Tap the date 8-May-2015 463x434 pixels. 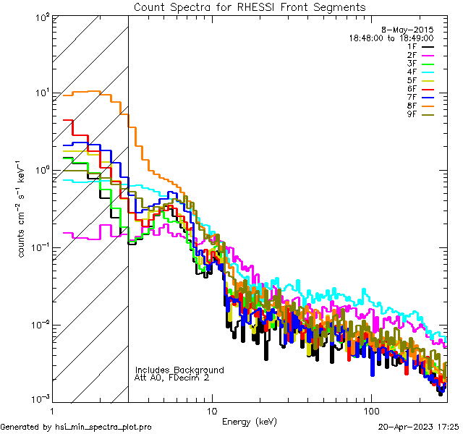pyautogui.click(x=407, y=29)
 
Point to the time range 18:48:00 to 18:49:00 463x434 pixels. pyautogui.click(x=391, y=38)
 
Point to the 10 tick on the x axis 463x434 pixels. pyautogui.click(x=211, y=409)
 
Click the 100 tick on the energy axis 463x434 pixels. pyautogui.click(x=370, y=409)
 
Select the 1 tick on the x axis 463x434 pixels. pyautogui.click(x=53, y=409)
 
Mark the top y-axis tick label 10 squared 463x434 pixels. pyautogui.click(x=41, y=16)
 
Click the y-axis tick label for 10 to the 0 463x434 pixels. pyautogui.click(x=41, y=171)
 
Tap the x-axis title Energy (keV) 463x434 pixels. pyautogui.click(x=249, y=421)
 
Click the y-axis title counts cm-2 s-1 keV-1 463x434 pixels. pyautogui.click(x=22, y=210)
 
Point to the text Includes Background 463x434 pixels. pyautogui.click(x=179, y=370)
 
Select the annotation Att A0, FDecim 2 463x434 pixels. pyautogui.click(x=172, y=378)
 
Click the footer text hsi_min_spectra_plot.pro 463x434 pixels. pyautogui.click(x=76, y=427)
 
